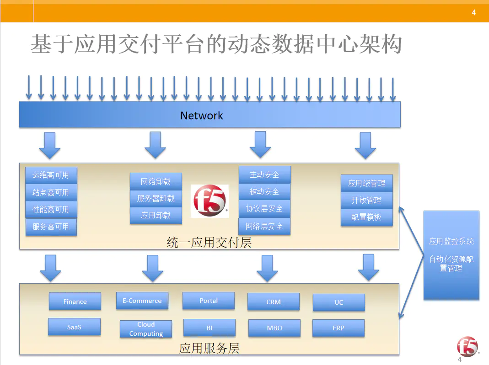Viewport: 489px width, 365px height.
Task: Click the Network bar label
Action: click(201, 115)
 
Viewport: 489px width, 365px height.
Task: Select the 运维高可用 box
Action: click(51, 175)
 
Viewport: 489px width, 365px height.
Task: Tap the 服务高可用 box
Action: click(51, 227)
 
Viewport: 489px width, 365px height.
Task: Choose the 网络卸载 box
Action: click(156, 181)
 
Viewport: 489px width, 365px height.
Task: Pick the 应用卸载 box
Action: click(156, 215)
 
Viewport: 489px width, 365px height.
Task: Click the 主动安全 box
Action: click(264, 175)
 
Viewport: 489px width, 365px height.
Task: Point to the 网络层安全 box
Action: click(264, 226)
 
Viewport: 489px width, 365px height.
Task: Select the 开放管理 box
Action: click(366, 200)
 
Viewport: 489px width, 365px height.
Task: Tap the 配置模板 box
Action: click(366, 217)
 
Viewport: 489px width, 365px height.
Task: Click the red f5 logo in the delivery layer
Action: click(210, 201)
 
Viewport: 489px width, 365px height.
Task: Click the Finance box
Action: click(75, 302)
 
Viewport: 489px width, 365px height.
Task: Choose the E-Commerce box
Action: click(142, 301)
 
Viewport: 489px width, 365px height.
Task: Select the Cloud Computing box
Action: click(146, 329)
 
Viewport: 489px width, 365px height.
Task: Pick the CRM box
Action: click(274, 302)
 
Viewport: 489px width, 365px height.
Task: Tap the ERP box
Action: click(339, 328)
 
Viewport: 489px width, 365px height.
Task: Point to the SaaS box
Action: click(74, 327)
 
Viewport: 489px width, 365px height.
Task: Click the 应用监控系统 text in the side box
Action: click(451, 241)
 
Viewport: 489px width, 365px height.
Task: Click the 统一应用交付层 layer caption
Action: click(210, 242)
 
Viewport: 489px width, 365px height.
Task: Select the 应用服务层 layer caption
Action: click(210, 349)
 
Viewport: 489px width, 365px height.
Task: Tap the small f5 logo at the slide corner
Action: click(467, 347)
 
